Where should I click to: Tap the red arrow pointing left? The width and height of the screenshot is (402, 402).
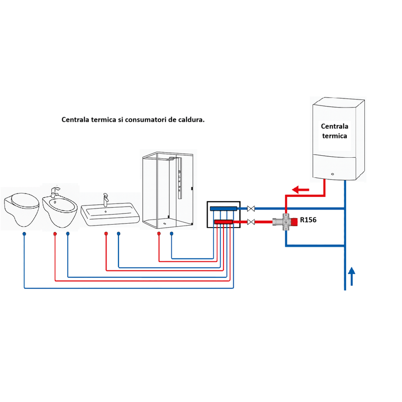tap(301, 190)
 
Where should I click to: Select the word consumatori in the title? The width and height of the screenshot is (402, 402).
tap(149, 120)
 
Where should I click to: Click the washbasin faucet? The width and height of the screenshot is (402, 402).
tap(106, 199)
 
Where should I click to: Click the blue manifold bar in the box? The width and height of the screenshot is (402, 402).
tap(224, 208)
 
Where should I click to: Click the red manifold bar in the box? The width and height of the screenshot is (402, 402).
tap(224, 222)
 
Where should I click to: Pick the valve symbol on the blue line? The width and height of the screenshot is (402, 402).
tap(251, 208)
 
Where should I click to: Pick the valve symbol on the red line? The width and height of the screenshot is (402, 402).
tap(251, 222)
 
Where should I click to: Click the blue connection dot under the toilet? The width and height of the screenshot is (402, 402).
tap(24, 234)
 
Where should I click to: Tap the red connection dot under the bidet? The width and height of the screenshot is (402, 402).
tap(55, 234)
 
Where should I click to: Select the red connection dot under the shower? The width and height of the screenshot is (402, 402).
tap(159, 234)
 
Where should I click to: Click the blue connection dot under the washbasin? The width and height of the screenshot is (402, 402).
tap(118, 234)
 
